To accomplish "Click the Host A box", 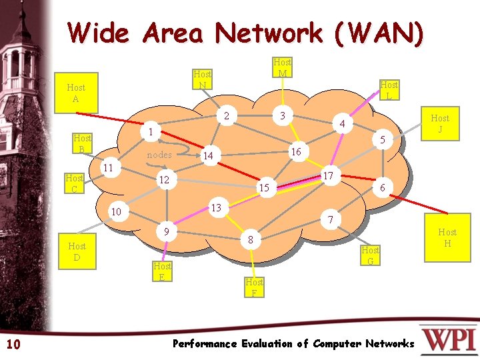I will (76, 93).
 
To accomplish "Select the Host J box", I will (440, 123).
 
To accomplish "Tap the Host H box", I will (447, 237).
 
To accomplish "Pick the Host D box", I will (77, 251).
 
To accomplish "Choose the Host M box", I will (283, 67).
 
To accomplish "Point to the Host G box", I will (370, 255).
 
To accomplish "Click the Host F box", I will (254, 287).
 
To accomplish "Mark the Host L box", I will (389, 90).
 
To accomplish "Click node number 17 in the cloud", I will (328, 175).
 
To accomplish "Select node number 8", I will (250, 239).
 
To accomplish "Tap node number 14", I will (209, 155).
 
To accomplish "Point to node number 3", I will (283, 116).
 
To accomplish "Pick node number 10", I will (116, 212).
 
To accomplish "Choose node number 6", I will (381, 189).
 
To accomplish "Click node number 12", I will (163, 181).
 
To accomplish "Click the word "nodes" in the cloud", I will (159, 155).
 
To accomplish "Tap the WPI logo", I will (449, 338).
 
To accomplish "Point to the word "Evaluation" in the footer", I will (267, 344).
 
